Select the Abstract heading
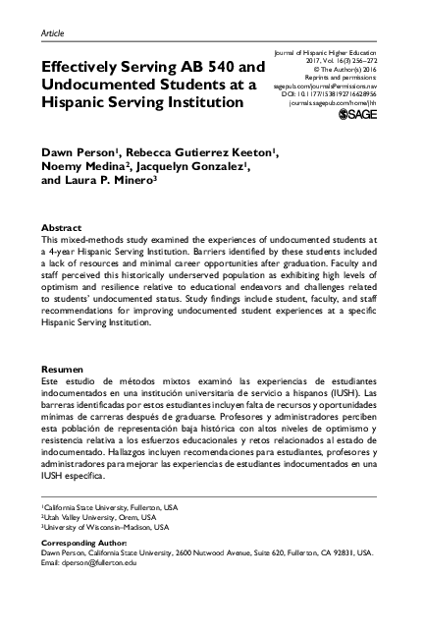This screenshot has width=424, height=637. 60,226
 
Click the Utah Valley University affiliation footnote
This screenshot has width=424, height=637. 98,516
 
